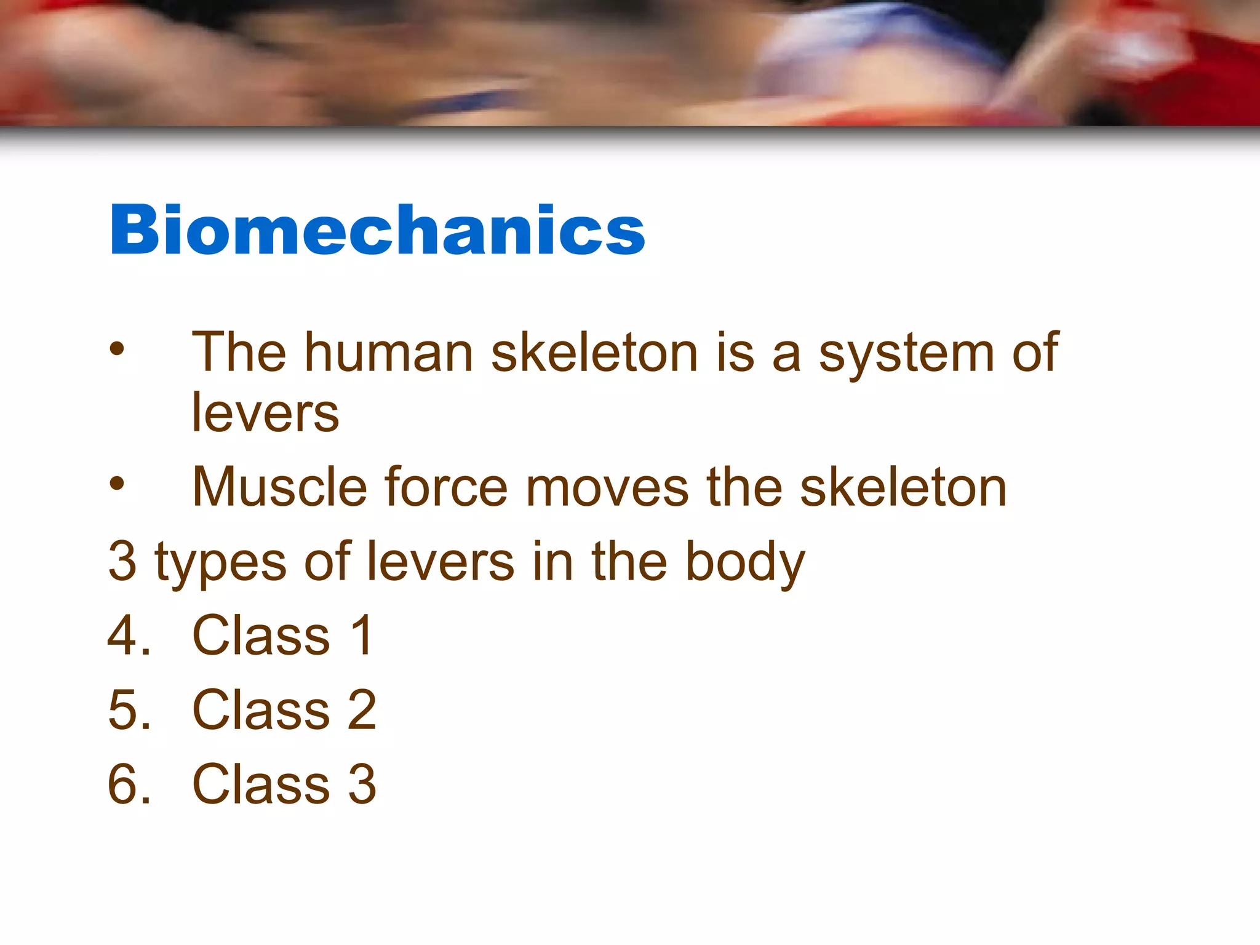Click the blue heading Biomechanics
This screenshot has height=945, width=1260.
tap(377, 230)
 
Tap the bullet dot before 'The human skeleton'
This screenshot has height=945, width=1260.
tap(116, 349)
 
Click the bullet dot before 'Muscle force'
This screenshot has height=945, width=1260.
tap(116, 484)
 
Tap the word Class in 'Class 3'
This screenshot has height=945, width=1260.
tap(261, 784)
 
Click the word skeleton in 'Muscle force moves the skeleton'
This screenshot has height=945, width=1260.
tap(903, 487)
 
